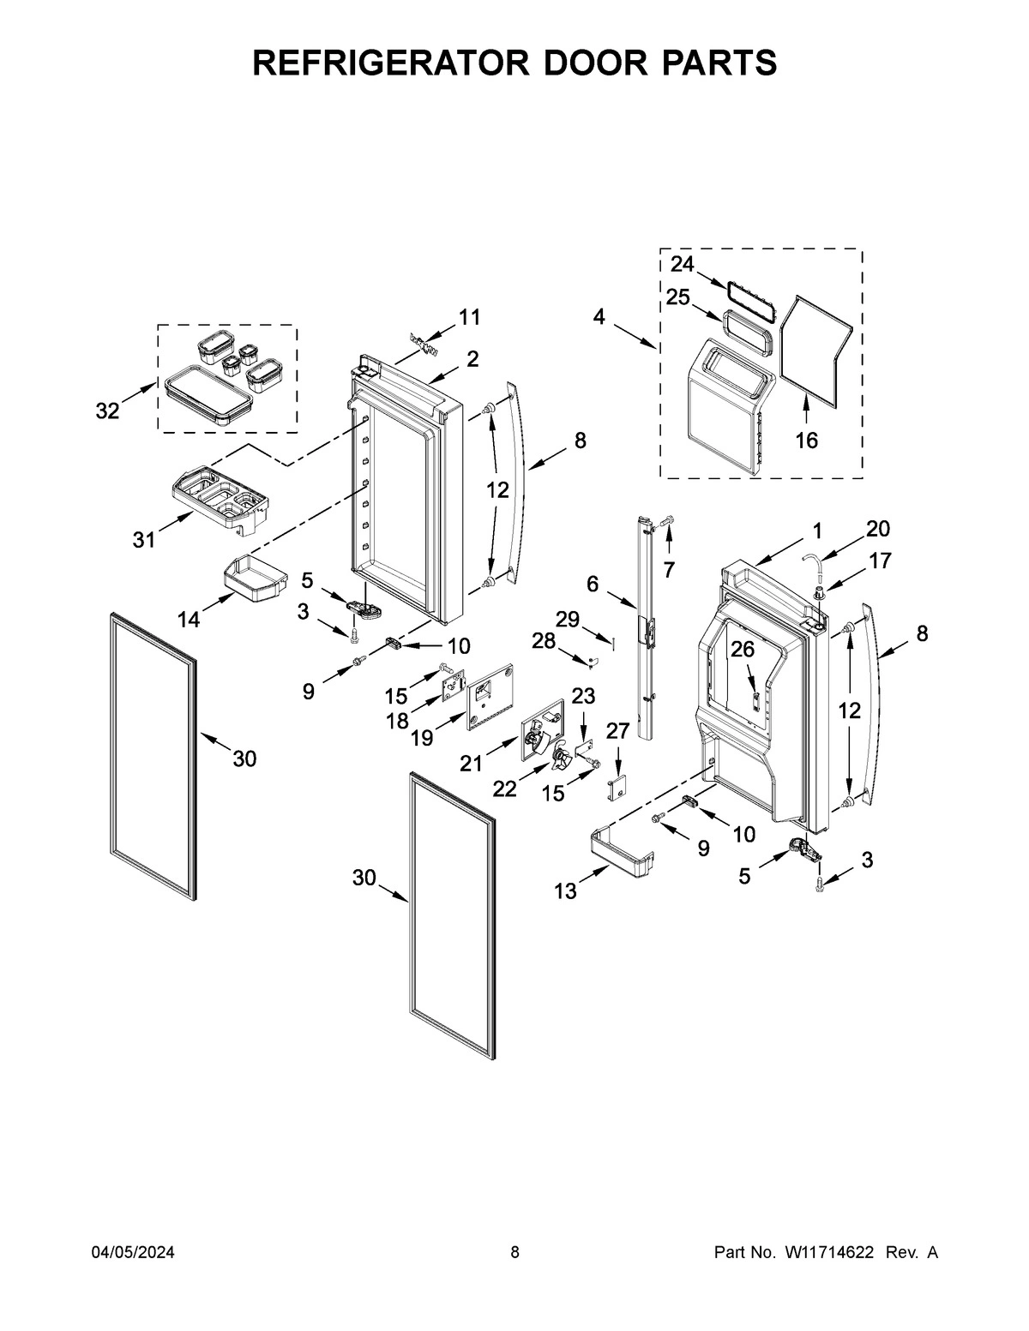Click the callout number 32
click(107, 411)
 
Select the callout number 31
click(144, 540)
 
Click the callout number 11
click(469, 317)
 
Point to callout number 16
click(806, 441)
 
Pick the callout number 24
click(683, 263)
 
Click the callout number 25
click(678, 297)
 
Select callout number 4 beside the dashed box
click(599, 317)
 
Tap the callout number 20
click(878, 528)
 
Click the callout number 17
click(880, 561)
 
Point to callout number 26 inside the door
click(743, 650)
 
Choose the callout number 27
click(617, 731)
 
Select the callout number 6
click(593, 584)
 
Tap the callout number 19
click(421, 737)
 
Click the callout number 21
click(471, 763)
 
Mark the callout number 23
click(583, 696)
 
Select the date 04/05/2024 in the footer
click(133, 1252)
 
